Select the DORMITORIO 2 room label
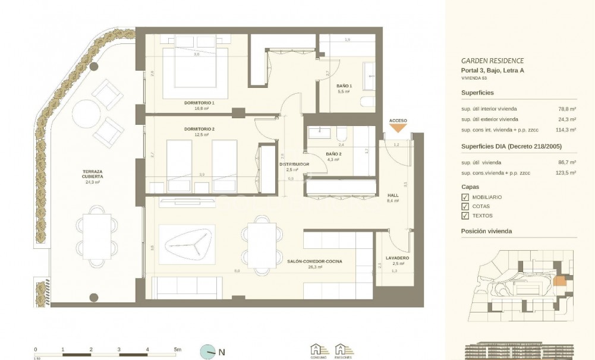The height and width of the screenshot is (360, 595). click(199, 128)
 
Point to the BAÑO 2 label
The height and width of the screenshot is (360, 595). click(333, 154)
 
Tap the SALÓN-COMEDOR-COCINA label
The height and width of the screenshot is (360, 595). click(314, 261)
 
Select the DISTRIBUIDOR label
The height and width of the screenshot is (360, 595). click(294, 164)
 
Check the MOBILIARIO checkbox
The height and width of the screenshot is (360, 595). click(465, 197)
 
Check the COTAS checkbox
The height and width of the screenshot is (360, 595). click(465, 206)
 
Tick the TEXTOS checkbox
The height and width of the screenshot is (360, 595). click(465, 216)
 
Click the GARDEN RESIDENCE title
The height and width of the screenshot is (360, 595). click(492, 61)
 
